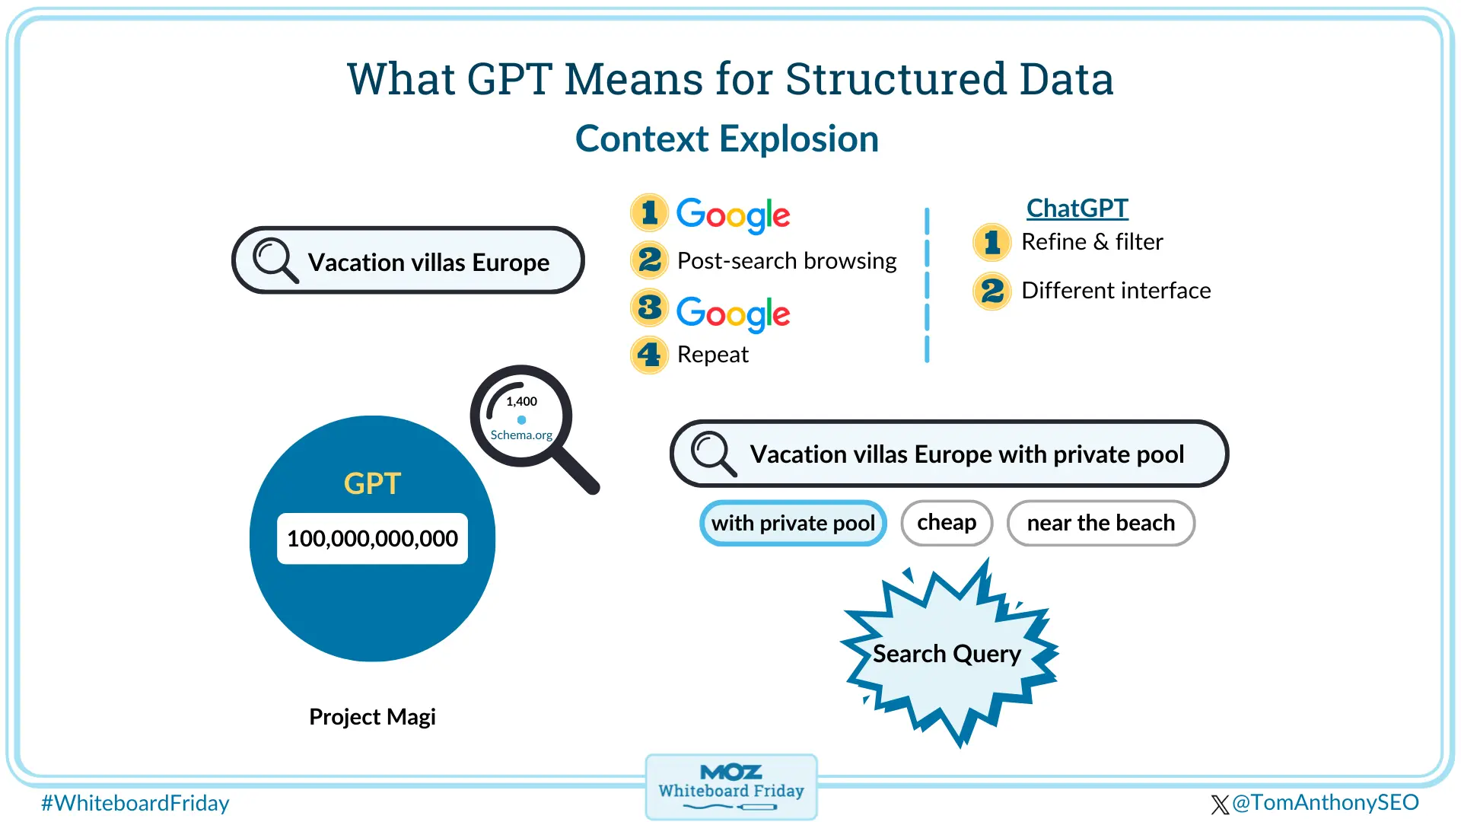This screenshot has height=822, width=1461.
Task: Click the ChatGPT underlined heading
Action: coord(1077,208)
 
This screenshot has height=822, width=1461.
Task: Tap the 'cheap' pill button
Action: coord(947,523)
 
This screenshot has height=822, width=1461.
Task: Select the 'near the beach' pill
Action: coord(1100,523)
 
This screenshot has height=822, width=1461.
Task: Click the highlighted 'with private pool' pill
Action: coord(793,523)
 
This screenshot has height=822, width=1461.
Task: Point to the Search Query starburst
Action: coord(947,654)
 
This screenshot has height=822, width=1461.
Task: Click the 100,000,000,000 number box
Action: coord(372,538)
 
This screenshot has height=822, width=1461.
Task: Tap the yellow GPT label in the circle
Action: coord(372,483)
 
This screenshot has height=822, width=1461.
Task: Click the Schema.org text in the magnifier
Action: coord(521,435)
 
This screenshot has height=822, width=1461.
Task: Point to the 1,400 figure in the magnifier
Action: coord(521,401)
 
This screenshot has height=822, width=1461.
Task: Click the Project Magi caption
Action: coord(372,716)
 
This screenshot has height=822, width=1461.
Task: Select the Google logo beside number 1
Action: coord(733,215)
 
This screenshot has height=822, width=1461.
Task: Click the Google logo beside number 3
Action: coord(733,313)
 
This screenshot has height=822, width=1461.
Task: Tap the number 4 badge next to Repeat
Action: coord(649,355)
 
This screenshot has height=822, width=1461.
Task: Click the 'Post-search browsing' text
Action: coord(787,260)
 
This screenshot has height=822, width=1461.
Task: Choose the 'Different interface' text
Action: coord(1116,290)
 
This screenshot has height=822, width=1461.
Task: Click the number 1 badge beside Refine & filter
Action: coord(992,242)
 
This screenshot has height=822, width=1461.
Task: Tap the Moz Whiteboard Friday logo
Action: coord(731,787)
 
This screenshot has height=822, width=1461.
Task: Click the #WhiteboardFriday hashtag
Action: coord(135,803)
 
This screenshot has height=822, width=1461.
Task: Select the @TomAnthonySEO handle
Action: coord(1324,802)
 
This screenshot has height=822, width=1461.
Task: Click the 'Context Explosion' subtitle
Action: coord(727,139)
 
